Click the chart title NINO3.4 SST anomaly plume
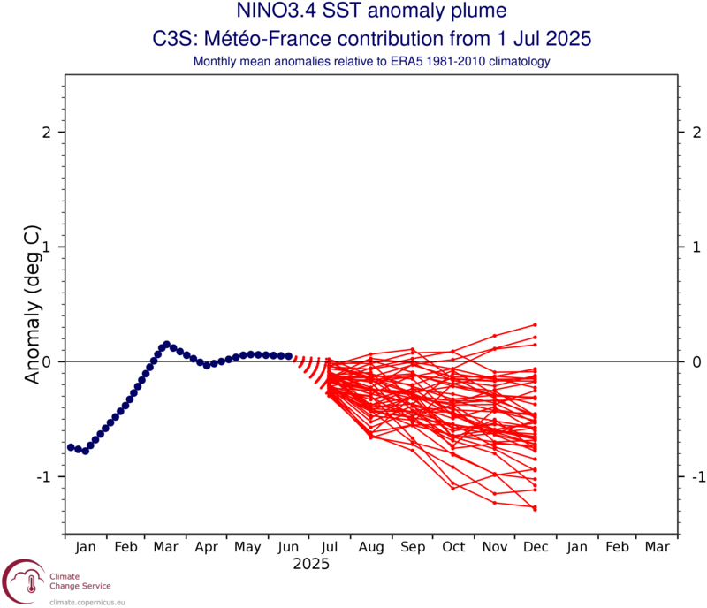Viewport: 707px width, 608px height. (353, 12)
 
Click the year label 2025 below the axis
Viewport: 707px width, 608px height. (310, 563)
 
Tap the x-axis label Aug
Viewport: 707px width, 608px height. (370, 548)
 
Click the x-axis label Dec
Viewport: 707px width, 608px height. (535, 548)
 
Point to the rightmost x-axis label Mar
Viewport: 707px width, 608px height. (657, 548)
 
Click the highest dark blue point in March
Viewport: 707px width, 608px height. (165, 344)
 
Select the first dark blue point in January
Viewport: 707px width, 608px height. (71, 447)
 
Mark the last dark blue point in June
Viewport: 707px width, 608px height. (289, 356)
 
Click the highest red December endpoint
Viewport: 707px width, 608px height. (536, 325)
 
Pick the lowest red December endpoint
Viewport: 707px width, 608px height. (536, 508)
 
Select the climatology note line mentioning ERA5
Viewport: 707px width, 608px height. (353, 61)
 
